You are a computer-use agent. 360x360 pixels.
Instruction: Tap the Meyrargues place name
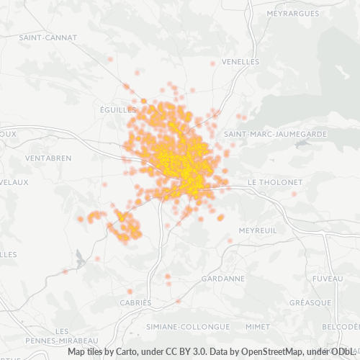click(x=292, y=14)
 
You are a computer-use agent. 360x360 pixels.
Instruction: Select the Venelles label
click(x=240, y=62)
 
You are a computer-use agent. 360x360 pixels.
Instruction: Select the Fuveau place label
click(x=328, y=278)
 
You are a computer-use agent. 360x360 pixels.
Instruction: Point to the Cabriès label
click(x=136, y=303)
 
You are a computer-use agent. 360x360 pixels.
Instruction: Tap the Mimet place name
click(x=257, y=326)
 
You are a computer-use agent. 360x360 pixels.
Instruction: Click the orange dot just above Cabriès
click(x=130, y=292)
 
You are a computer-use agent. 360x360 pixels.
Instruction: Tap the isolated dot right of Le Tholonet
click(x=294, y=193)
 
